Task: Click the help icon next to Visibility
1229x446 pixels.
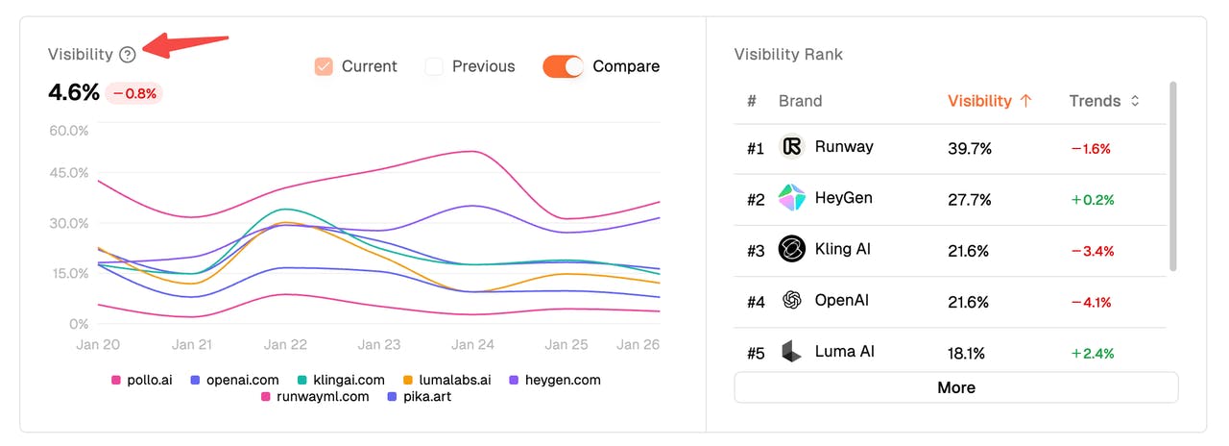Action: [128, 55]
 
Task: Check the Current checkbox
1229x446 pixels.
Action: [324, 66]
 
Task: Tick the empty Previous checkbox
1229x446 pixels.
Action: [434, 66]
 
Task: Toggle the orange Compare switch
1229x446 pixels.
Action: [563, 66]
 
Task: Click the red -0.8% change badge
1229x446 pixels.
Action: [133, 93]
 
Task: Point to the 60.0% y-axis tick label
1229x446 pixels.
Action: [68, 130]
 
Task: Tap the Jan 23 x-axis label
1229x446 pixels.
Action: [378, 344]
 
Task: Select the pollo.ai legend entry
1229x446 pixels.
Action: [142, 380]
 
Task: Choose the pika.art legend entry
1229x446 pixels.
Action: [418, 395]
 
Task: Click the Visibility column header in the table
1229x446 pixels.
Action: [989, 101]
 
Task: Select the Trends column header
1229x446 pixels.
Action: [1103, 101]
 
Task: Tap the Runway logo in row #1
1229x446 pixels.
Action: [791, 147]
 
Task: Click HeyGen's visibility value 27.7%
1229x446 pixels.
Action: [969, 200]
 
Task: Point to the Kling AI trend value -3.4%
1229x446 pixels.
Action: [1092, 251]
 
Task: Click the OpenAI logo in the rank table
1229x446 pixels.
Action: [791, 302]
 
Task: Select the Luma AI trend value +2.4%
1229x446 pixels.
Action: [1092, 353]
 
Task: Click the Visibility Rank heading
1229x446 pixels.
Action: [787, 55]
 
